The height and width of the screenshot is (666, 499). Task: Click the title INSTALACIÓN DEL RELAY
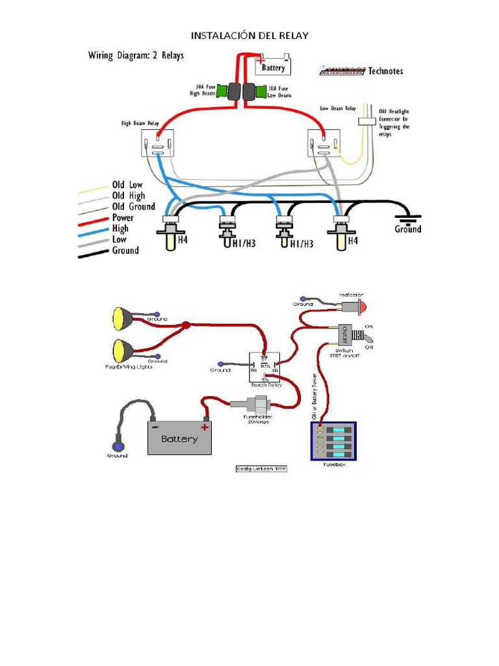pyautogui.click(x=249, y=35)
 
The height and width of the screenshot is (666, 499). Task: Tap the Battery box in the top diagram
pyautogui.click(x=273, y=66)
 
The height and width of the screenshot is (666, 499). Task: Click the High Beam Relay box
pyautogui.click(x=157, y=142)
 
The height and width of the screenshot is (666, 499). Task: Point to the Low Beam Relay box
pyautogui.click(x=323, y=143)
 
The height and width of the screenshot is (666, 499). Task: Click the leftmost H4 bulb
pyautogui.click(x=170, y=233)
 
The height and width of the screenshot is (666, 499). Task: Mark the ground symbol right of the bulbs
pyautogui.click(x=407, y=219)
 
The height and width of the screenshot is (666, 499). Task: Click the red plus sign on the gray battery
pyautogui.click(x=205, y=427)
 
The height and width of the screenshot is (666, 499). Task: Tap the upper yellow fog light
pyautogui.click(x=122, y=318)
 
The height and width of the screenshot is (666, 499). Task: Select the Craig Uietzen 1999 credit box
pyautogui.click(x=261, y=468)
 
